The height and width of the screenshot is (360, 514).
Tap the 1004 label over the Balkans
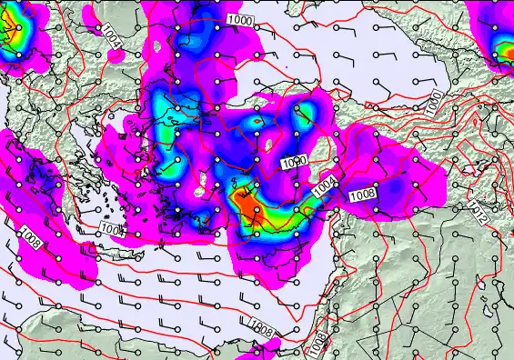[x=109, y=35]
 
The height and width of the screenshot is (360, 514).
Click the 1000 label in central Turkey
[x=295, y=162]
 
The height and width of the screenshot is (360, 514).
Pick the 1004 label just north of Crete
[x=113, y=228]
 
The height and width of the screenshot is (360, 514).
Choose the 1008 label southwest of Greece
[x=29, y=239]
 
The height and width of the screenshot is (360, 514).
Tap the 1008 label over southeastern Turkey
[x=362, y=193]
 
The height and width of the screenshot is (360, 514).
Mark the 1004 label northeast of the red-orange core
[x=326, y=187]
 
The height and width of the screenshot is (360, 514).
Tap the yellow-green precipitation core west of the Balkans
[x=12, y=36]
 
